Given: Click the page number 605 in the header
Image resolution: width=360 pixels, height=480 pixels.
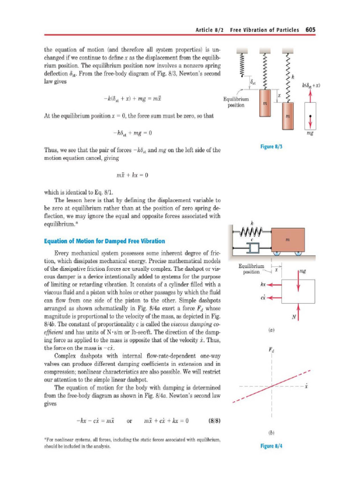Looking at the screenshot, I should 310,30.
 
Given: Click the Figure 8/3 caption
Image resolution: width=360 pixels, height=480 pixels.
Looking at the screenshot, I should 271,147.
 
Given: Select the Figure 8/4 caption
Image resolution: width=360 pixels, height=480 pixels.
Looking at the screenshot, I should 271,446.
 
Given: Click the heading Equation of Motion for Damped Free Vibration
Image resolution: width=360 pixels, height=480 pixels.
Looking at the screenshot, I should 104,241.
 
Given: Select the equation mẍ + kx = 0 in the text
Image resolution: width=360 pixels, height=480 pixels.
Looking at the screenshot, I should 132,175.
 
